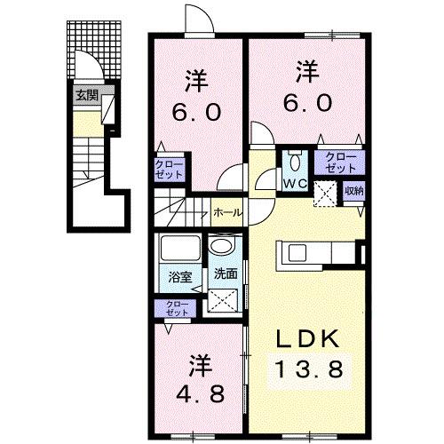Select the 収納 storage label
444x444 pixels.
click(353, 190)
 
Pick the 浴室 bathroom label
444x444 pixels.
click(180, 277)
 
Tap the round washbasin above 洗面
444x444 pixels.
click(223, 247)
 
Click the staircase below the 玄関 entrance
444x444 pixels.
click(88, 170)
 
